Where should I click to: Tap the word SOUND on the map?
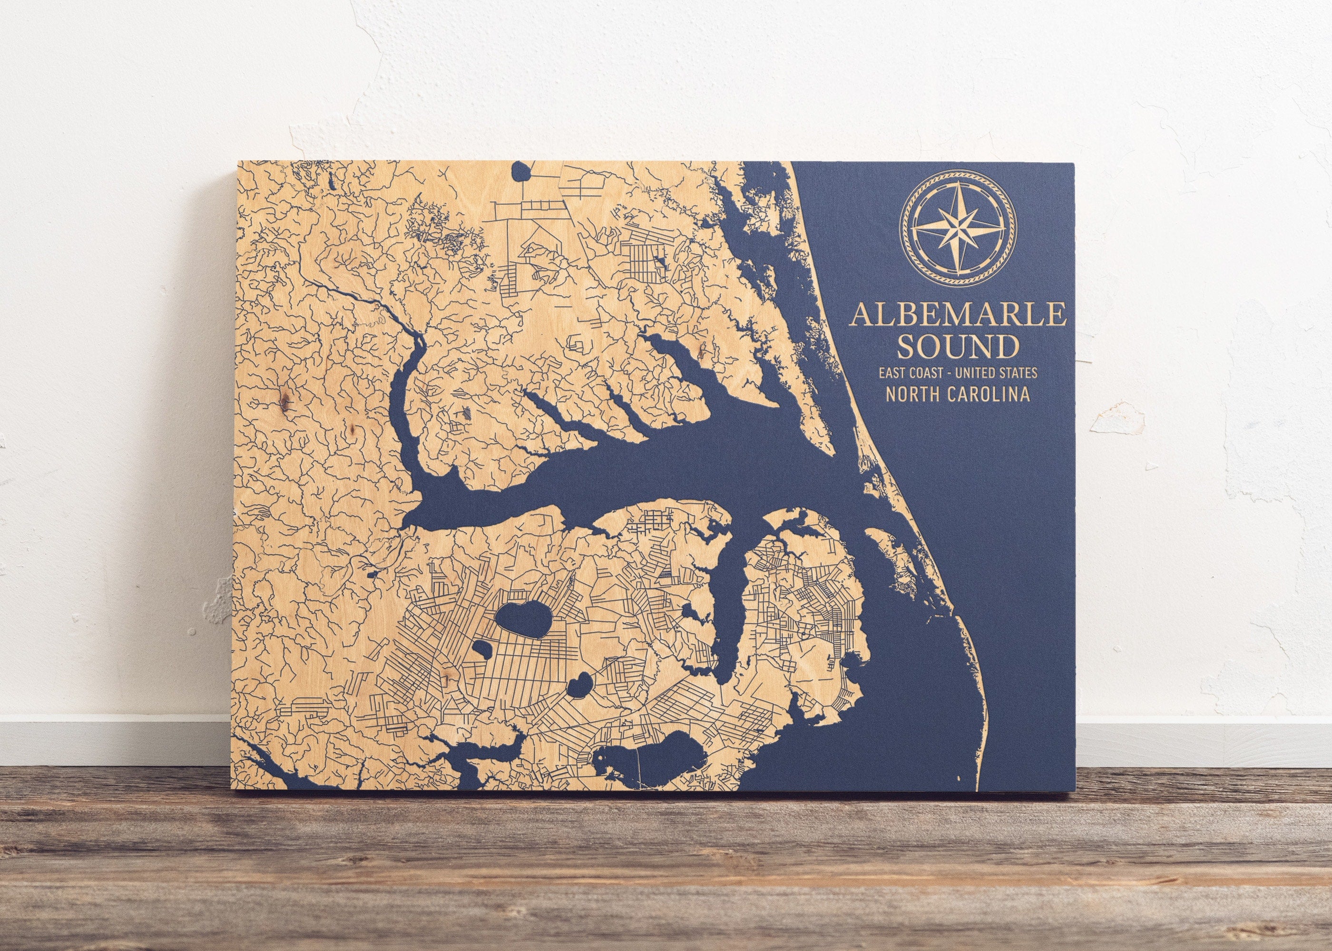tap(957, 347)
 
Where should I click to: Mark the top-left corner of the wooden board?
tap(238, 162)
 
